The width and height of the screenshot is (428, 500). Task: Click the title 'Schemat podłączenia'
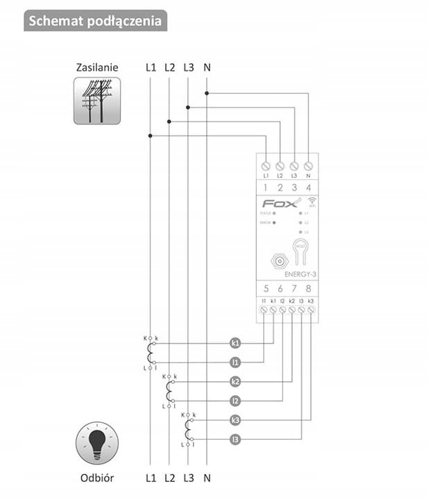coord(96,21)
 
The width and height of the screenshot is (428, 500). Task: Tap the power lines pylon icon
coord(97,101)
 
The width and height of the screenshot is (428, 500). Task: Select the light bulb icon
coord(97,442)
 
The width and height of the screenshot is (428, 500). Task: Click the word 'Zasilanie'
coord(97,68)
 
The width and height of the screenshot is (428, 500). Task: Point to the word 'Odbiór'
coord(97,478)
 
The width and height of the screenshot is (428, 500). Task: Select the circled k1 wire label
coord(235,343)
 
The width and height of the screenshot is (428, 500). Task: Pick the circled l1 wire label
coord(235,362)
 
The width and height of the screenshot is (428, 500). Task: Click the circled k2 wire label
coord(235,382)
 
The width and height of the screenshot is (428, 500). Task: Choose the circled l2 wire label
coord(235,401)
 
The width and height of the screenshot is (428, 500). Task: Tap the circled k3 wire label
coord(235,420)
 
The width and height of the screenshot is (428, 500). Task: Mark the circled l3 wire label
coord(235,439)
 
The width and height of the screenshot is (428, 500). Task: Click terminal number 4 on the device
coord(308,187)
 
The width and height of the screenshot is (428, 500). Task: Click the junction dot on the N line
coord(207,92)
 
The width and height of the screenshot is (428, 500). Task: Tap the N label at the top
coord(207,68)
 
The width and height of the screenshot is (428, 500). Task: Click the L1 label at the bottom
coord(151,478)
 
